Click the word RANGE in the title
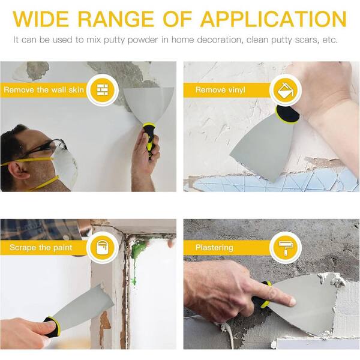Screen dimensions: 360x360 point(115,19)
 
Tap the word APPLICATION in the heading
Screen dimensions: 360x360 point(273,19)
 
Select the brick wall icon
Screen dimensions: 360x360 point(103,89)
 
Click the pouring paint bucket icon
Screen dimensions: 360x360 point(286,89)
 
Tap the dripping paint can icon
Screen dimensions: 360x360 point(103,247)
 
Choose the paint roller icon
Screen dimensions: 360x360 point(286,247)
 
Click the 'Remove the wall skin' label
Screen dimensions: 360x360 point(44,89)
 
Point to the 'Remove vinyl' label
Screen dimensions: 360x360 point(220,90)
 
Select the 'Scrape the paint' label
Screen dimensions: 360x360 point(41,247)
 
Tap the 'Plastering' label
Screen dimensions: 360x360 point(214,247)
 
